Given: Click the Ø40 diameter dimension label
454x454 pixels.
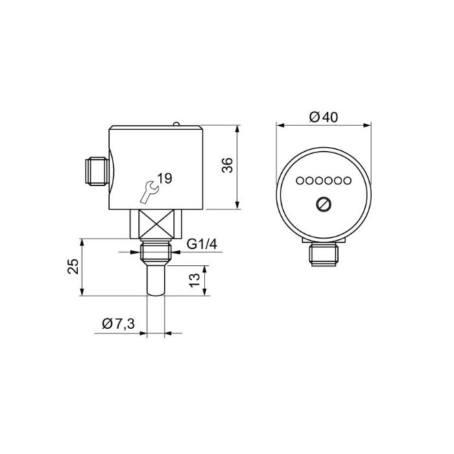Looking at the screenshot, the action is click(x=324, y=117).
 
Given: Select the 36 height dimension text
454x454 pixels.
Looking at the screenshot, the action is click(x=228, y=165).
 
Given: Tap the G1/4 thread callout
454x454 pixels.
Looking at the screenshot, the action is click(x=202, y=245).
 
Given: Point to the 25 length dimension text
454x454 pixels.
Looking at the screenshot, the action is click(x=73, y=266).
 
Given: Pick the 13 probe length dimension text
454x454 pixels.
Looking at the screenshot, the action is click(x=195, y=280).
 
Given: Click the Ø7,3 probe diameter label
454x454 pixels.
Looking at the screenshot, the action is click(x=119, y=324).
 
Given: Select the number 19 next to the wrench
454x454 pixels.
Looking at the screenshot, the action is click(x=165, y=178).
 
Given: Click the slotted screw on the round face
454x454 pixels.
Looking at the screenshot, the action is click(x=324, y=205).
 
